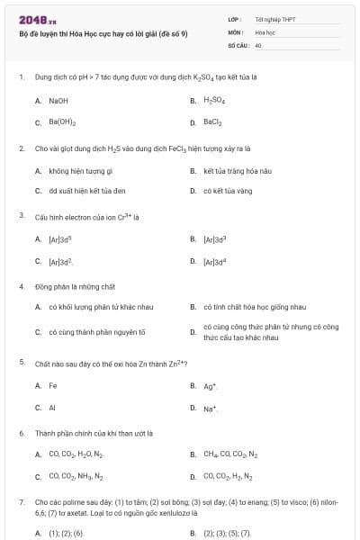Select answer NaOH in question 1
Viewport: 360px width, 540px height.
point(58,100)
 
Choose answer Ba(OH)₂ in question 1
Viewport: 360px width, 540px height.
point(62,121)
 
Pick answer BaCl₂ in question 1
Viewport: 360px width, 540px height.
point(213,121)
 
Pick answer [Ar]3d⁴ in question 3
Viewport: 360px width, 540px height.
point(214,261)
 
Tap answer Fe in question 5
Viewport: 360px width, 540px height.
point(52,385)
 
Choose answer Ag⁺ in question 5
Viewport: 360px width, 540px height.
point(210,385)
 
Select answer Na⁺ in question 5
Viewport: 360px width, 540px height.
point(210,408)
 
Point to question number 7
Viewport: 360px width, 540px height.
point(21,501)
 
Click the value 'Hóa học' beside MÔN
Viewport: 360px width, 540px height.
point(265,31)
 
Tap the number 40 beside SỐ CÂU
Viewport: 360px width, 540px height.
point(258,44)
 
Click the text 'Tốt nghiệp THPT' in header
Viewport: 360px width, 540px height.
point(275,18)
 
